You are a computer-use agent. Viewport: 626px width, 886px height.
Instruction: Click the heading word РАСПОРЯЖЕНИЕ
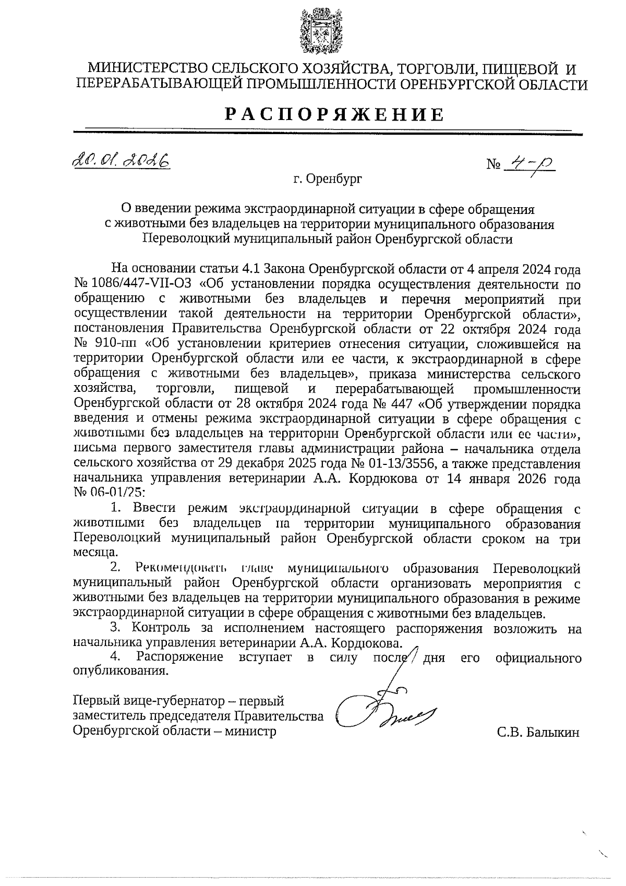(x=334, y=114)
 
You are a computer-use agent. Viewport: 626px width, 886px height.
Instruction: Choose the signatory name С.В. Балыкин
(x=538, y=733)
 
